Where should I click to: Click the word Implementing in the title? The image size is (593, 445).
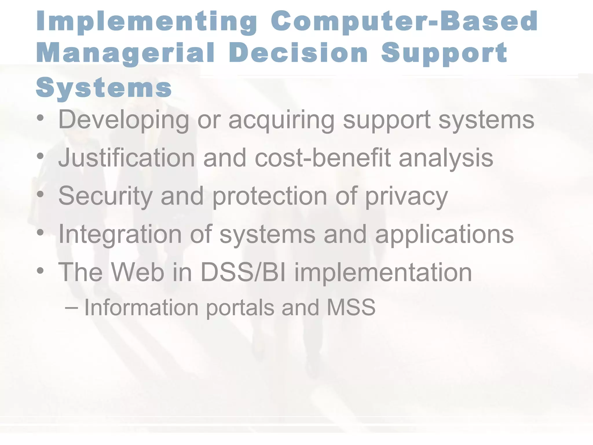coord(147,22)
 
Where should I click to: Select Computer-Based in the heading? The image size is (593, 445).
coord(404,22)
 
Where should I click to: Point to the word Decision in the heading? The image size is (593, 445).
coord(298,53)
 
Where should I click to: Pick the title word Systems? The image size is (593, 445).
coord(104,88)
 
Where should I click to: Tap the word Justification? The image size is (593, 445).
coord(127,158)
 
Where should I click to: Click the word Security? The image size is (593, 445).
coord(105,196)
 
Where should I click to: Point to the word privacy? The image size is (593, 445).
coord(406,196)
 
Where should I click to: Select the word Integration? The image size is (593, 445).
coord(120,234)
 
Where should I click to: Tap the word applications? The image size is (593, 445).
coord(444,234)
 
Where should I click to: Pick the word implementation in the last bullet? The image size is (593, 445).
coord(383,272)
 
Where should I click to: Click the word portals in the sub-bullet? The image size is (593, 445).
coord(240,308)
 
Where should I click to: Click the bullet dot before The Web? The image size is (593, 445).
coord(40,271)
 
